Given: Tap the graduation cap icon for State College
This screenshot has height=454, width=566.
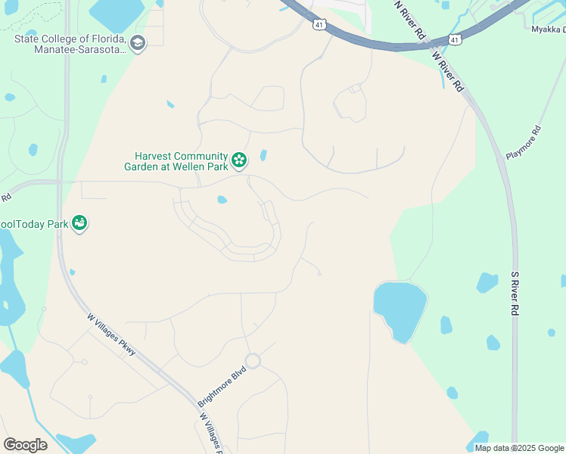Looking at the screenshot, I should click(137, 42).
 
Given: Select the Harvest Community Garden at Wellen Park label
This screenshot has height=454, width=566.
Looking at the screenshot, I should click(177, 162).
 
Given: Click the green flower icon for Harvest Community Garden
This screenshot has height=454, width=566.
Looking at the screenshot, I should click(239, 160).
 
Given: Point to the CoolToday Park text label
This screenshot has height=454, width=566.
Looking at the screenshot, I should click(33, 224).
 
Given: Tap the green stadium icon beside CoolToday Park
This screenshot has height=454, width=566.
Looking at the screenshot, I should click(79, 223).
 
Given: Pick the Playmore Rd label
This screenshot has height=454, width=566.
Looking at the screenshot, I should click(524, 142).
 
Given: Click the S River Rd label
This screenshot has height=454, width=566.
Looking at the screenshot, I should click(515, 294).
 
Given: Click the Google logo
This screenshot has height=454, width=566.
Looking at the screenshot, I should click(25, 445).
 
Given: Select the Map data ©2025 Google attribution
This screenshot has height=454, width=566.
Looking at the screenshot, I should click(518, 448).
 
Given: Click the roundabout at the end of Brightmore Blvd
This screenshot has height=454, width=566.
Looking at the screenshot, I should click(252, 361).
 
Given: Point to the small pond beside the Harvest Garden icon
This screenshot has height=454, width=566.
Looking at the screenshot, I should click(263, 155).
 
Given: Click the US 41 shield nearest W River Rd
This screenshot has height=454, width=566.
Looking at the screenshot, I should click(454, 39).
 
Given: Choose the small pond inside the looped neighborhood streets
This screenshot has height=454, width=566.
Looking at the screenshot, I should click(222, 201).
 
